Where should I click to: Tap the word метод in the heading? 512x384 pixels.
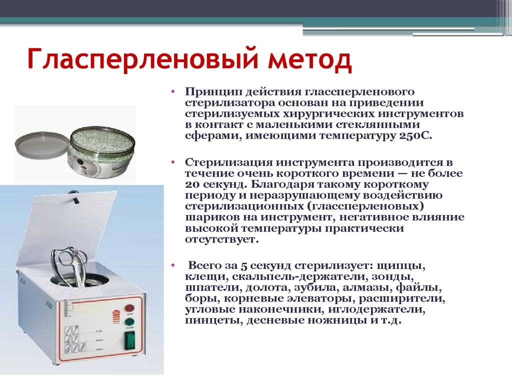[310, 59]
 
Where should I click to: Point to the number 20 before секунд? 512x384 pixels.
[192, 184]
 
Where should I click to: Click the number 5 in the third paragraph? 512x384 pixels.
[244, 266]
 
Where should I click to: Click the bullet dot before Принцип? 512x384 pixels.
[172, 91]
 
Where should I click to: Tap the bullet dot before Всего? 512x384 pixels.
[172, 265]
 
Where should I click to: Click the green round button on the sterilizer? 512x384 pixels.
[129, 321]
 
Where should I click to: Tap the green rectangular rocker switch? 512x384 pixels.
[130, 341]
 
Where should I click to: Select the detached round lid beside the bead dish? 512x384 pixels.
[42, 145]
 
